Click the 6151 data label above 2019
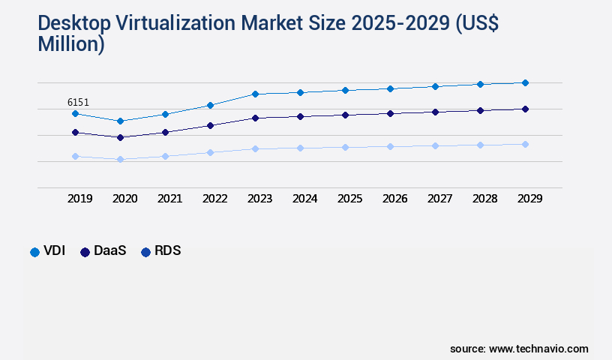click(x=79, y=102)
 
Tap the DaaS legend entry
click(x=104, y=251)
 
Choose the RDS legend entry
click(x=161, y=251)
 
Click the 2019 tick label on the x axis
click(x=79, y=199)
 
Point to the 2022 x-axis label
click(x=214, y=199)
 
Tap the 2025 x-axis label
click(x=349, y=199)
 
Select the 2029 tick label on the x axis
click(x=529, y=199)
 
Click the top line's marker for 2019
click(x=75, y=113)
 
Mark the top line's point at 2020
click(x=120, y=121)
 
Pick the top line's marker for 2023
click(x=255, y=94)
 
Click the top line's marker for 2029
click(x=525, y=82)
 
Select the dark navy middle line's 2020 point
click(x=120, y=137)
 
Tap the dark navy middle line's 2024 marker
click(x=300, y=116)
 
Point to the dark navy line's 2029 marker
click(x=525, y=109)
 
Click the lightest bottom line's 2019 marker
click(x=75, y=156)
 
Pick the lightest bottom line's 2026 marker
click(x=390, y=146)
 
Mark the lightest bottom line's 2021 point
click(x=165, y=156)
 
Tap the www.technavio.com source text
click(x=538, y=349)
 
